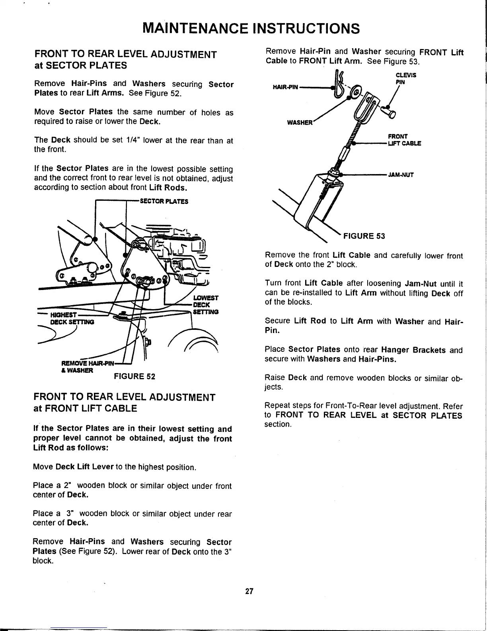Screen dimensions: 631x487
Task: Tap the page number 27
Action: (249, 591)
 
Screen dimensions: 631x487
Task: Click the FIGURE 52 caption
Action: (134, 376)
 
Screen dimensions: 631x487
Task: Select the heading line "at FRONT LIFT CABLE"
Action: (86, 408)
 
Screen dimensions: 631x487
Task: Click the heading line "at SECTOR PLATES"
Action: (81, 65)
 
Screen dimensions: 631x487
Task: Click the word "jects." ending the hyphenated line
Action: (274, 387)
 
